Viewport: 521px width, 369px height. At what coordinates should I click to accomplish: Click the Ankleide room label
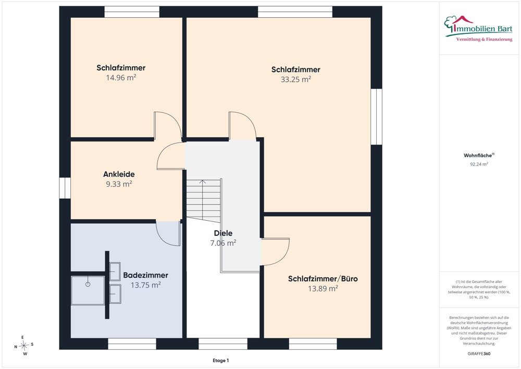click(x=119, y=174)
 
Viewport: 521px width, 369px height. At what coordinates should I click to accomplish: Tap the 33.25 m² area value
click(x=296, y=79)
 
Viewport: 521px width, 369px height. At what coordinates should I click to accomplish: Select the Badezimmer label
click(x=145, y=275)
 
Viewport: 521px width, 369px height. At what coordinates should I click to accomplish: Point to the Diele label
click(x=224, y=233)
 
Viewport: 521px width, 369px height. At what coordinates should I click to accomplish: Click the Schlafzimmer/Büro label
click(x=323, y=279)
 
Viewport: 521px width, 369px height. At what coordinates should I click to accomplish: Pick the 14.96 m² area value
click(x=121, y=78)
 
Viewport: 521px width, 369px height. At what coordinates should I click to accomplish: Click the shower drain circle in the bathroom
click(x=88, y=284)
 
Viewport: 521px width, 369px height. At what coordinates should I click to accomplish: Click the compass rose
click(x=24, y=346)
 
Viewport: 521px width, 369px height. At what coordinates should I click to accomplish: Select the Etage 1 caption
click(x=220, y=360)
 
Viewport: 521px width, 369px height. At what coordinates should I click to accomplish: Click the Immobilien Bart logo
click(x=478, y=29)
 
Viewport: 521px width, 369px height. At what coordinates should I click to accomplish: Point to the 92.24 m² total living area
click(x=479, y=164)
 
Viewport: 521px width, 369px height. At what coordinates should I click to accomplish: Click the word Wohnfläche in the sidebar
click(x=477, y=156)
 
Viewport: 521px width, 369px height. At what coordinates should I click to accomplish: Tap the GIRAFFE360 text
click(x=479, y=354)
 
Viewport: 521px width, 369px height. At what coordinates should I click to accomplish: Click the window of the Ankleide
click(x=65, y=188)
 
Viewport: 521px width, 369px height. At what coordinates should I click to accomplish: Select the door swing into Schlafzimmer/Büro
click(x=276, y=252)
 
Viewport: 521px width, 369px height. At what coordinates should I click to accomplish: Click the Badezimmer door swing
click(x=168, y=234)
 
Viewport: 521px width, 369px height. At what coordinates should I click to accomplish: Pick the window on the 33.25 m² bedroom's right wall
click(x=377, y=116)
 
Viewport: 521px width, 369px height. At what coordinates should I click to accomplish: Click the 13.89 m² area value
click(x=323, y=289)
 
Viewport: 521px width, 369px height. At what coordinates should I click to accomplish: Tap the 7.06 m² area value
click(x=224, y=243)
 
